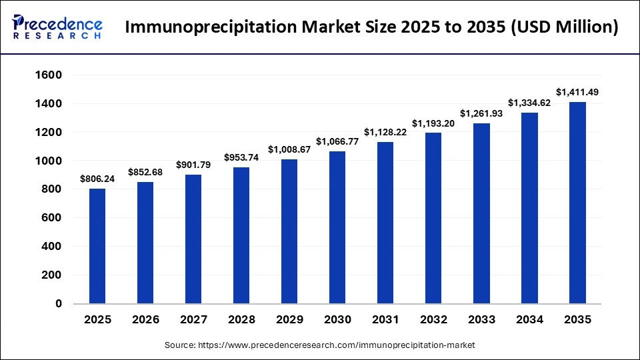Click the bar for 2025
[x=97, y=246]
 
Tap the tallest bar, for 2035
[x=577, y=203]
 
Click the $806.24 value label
[x=97, y=179]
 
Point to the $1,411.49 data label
[x=577, y=92]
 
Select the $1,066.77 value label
[x=337, y=141]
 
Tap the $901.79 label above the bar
[x=193, y=165]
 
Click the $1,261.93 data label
[x=481, y=113]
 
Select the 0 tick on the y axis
[x=57, y=303]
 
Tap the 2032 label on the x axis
[x=433, y=320]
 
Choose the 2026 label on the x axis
[x=145, y=320]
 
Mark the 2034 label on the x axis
[x=529, y=320]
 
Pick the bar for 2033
[x=481, y=213]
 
